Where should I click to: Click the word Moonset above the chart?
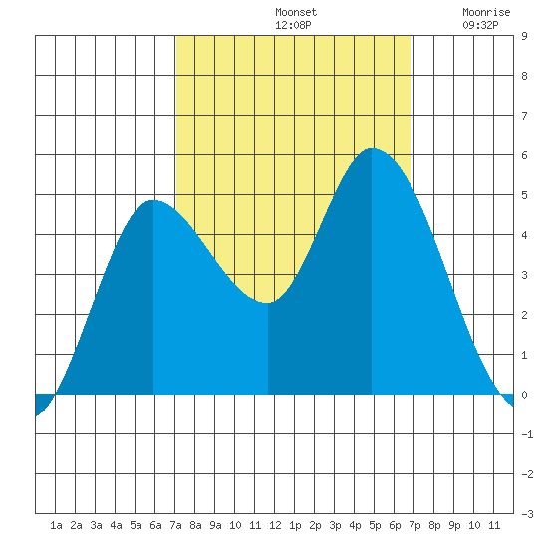click(x=296, y=12)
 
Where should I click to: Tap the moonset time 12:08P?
click(x=293, y=25)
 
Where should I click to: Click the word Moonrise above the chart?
click(x=486, y=12)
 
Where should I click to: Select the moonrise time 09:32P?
click(x=480, y=25)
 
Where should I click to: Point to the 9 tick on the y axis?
click(x=524, y=36)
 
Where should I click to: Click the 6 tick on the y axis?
click(x=524, y=155)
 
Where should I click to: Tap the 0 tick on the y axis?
click(x=524, y=395)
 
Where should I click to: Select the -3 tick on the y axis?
click(x=527, y=514)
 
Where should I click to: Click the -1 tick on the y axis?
click(x=527, y=434)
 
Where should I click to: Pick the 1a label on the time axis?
click(x=56, y=525)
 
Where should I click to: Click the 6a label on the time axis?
click(x=155, y=525)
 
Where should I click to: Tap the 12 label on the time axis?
click(x=275, y=525)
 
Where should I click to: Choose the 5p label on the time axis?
click(x=375, y=525)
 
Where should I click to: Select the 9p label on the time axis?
click(x=454, y=525)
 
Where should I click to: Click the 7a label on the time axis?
click(x=175, y=525)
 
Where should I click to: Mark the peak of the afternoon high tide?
click(x=372, y=148)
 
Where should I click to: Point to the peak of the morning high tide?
click(x=153, y=200)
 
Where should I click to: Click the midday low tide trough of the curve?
click(x=267, y=303)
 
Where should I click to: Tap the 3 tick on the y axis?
click(x=524, y=275)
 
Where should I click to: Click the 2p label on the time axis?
click(x=315, y=525)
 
